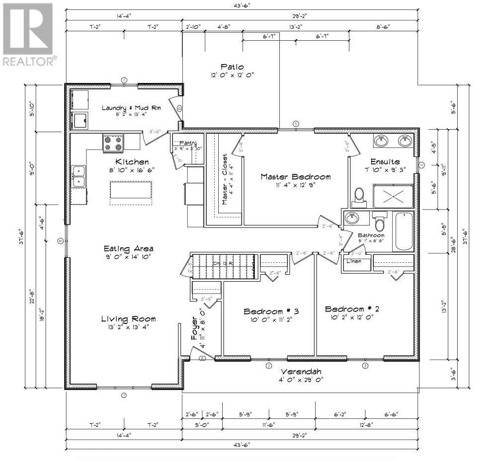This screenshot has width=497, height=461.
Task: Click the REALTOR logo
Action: (28, 34)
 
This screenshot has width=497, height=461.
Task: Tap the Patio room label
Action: (232, 67)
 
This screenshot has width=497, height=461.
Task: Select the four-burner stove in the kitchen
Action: (113, 144)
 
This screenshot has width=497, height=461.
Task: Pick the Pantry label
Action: (181, 143)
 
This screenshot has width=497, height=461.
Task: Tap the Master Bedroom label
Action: (289, 176)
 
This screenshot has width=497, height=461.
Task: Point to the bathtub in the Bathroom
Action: (404, 231)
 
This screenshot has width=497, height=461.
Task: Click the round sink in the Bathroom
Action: (353, 219)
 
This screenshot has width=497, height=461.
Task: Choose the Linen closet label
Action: (354, 261)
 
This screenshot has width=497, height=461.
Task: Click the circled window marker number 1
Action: (124, 396)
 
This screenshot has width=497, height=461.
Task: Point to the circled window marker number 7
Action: (125, 79)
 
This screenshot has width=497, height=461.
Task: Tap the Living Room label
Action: (128, 318)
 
